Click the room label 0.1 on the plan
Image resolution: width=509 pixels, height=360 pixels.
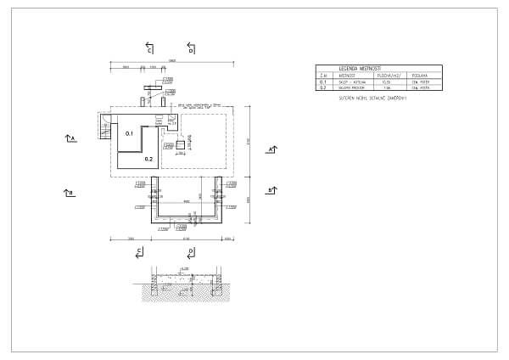(x=130, y=134)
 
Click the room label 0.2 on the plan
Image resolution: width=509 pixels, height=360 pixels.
(x=148, y=159)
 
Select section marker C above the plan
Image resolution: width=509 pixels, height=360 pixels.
(x=149, y=48)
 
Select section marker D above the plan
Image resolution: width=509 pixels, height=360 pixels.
(x=191, y=48)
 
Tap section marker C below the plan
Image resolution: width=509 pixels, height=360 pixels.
(x=140, y=252)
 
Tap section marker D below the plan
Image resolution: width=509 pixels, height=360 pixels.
(x=191, y=252)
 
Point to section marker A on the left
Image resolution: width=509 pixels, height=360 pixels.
(x=70, y=137)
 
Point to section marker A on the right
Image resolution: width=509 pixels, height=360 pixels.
(x=271, y=149)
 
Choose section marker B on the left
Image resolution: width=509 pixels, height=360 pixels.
(x=70, y=193)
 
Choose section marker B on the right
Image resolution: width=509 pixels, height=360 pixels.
(x=271, y=190)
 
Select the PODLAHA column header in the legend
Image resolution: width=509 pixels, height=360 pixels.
(x=418, y=75)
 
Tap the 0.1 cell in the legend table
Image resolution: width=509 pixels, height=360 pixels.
(x=323, y=82)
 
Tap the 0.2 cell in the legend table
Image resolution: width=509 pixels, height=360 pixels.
(x=323, y=87)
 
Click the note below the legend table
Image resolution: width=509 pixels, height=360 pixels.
(x=373, y=98)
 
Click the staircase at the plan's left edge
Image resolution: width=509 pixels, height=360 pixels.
(x=106, y=132)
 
